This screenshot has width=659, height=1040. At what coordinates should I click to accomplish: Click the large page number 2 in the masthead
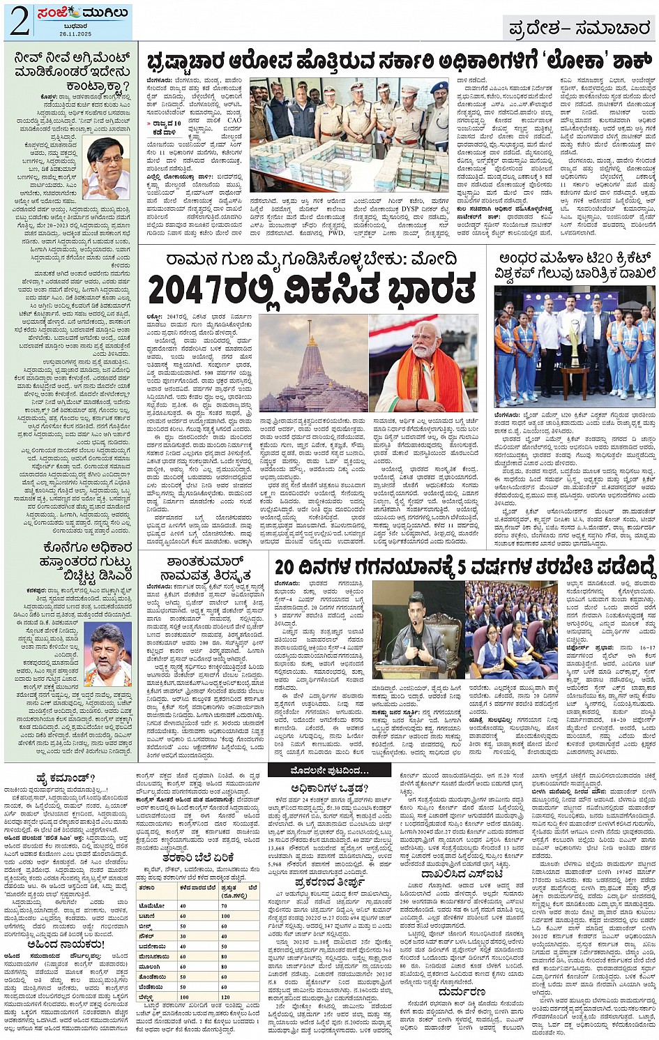[19, 22]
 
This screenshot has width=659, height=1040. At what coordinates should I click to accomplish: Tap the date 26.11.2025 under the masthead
[75, 33]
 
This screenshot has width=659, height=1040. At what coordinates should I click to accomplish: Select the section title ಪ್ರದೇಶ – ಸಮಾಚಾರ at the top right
[579, 29]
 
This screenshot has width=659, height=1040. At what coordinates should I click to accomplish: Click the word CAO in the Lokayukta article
[234, 120]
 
